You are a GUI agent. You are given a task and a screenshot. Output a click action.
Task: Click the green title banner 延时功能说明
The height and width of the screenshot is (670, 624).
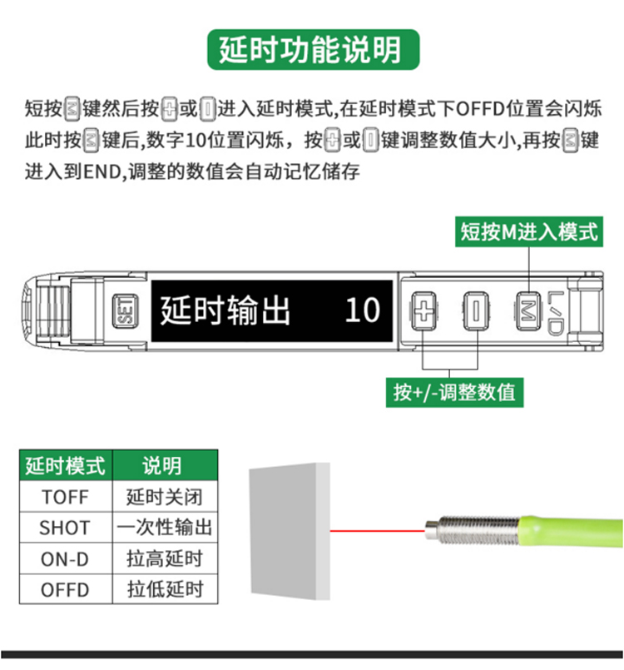(313, 50)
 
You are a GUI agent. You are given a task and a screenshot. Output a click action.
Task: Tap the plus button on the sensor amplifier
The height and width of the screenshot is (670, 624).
(423, 311)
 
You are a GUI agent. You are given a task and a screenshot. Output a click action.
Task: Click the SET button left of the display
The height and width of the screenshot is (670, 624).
(125, 311)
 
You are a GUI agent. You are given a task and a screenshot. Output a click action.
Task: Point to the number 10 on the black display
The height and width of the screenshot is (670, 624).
(362, 310)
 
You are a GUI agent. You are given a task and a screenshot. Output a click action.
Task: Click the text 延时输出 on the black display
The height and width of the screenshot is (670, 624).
(225, 310)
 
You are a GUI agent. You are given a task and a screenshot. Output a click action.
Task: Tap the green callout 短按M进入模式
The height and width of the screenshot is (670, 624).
(529, 231)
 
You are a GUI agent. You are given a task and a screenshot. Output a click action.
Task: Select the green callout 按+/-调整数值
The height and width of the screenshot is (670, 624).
(454, 392)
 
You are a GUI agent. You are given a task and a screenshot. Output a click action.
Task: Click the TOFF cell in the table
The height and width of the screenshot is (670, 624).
(66, 497)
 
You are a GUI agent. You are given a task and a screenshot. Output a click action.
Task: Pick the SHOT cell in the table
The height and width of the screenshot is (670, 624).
(66, 528)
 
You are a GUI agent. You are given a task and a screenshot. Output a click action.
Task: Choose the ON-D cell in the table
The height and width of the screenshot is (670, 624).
(66, 558)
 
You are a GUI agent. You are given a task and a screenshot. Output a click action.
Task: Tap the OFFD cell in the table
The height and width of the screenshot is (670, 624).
(66, 589)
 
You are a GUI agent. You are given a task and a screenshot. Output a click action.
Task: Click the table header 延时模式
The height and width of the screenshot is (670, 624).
(66, 465)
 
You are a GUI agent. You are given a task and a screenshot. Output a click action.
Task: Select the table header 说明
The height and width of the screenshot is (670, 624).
(165, 465)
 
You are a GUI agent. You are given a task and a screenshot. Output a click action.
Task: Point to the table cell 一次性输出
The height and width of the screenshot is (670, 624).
(165, 528)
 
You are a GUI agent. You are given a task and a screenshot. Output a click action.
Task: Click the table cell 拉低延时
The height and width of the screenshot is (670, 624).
(165, 589)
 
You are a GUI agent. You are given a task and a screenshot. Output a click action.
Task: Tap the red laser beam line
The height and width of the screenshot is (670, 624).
(378, 531)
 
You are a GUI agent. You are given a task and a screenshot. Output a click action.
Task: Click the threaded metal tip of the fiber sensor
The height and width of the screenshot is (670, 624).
(472, 530)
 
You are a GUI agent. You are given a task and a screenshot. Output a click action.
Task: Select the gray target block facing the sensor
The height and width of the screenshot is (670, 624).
(290, 531)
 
